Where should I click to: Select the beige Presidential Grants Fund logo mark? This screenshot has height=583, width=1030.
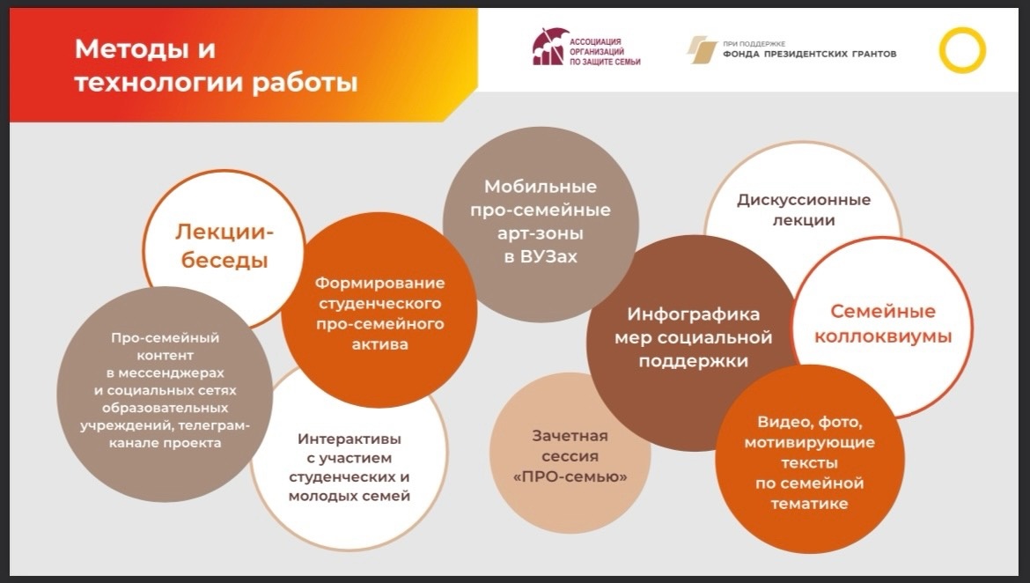coord(702,50)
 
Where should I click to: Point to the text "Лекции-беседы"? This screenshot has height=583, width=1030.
coord(224,246)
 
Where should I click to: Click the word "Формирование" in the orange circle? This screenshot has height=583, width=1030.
coord(379,283)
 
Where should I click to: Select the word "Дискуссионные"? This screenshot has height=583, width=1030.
coord(804,200)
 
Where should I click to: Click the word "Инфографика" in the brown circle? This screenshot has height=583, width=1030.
coord(693,314)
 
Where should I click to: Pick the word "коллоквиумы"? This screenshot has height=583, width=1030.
coord(883,336)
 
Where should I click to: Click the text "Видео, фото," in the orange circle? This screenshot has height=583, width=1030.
coord(809,422)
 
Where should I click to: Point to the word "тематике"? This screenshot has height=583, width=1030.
coord(809,504)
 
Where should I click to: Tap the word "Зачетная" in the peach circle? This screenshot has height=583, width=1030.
coord(570,436)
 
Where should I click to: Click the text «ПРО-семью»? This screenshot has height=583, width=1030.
coord(570,476)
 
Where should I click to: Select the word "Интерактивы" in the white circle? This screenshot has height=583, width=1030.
coord(349,439)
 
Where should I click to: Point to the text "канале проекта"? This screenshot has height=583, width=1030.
coord(165,443)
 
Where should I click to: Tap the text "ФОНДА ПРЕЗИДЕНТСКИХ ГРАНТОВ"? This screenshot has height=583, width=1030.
coord(809,54)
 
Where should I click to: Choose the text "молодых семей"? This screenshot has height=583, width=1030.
coord(349,496)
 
